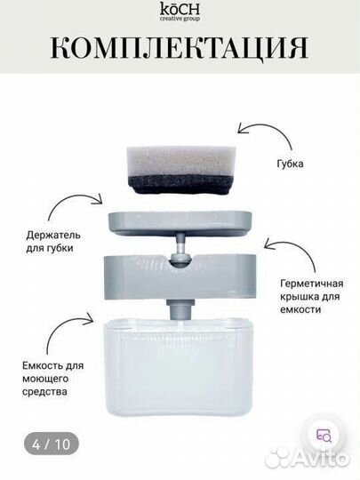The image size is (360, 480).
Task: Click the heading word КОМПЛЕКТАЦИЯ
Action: pos(180,45)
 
